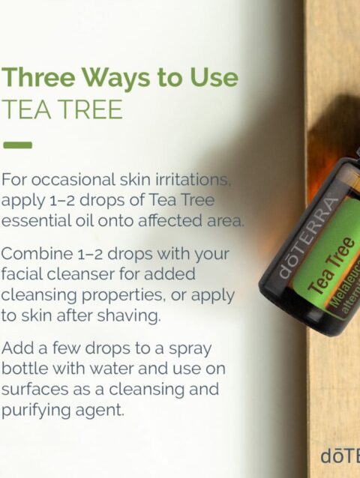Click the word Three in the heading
tap(38, 77)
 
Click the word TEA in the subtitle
tap(26, 109)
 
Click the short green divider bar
tap(17, 145)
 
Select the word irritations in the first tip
tap(193, 179)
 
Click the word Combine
tap(37, 253)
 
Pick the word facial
tap(22, 273)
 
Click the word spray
tap(190, 349)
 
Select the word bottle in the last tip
tap(25, 368)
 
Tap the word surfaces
tap(34, 389)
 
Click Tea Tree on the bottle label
tap(331, 265)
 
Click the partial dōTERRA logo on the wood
tap(340, 456)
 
